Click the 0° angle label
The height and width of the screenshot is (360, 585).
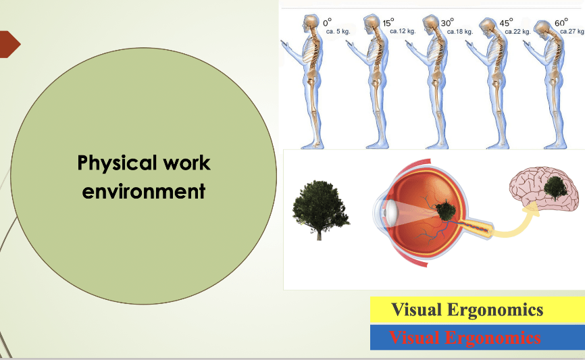click(327, 22)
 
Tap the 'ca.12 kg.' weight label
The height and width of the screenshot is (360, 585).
click(403, 31)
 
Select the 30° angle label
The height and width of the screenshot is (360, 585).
click(447, 23)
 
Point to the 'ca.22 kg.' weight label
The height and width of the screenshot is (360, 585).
click(517, 32)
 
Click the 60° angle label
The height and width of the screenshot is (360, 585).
click(561, 23)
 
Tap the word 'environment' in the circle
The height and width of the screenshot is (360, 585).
click(144, 191)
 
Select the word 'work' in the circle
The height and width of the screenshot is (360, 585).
click(186, 163)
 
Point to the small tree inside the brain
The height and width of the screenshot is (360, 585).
click(555, 188)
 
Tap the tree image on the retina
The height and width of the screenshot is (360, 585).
click(445, 211)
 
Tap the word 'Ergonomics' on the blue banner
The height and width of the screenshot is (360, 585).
click(492, 338)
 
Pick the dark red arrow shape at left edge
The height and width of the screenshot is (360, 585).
click(9, 45)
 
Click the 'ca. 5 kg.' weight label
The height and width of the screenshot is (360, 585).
click(338, 31)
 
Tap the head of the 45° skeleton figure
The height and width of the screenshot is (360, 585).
click(487, 27)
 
